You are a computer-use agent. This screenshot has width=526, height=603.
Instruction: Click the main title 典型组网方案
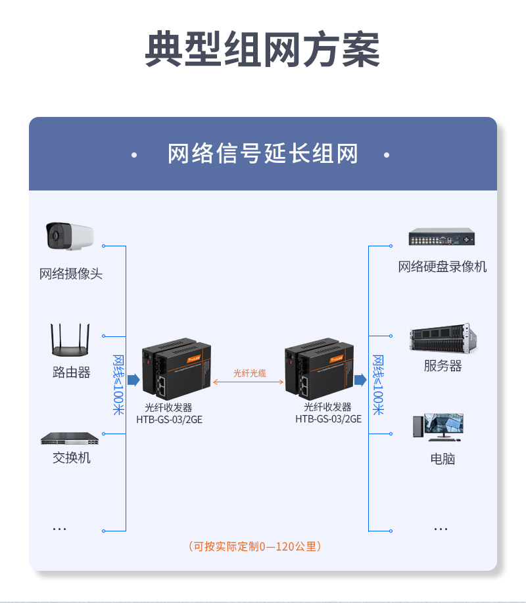click(262, 49)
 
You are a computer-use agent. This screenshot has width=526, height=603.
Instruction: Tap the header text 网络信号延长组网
click(263, 154)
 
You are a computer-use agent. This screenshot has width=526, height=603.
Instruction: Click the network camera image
click(70, 236)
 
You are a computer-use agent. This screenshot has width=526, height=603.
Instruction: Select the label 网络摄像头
click(71, 274)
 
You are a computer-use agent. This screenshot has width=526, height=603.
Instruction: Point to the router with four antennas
click(70, 339)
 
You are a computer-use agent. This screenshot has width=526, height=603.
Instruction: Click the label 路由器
click(71, 372)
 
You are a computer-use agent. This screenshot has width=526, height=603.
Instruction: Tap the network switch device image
click(70, 438)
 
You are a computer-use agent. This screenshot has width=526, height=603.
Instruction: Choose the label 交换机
click(71, 458)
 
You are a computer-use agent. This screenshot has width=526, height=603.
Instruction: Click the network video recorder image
click(442, 236)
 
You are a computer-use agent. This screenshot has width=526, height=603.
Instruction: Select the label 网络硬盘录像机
click(442, 267)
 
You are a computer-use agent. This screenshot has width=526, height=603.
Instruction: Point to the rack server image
click(442, 338)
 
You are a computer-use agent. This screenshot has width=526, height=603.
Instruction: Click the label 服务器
click(442, 366)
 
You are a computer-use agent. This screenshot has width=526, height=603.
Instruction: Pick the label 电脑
click(442, 458)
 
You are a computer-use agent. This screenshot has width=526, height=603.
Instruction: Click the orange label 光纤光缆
click(250, 373)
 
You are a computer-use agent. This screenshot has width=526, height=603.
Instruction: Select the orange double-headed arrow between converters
click(249, 382)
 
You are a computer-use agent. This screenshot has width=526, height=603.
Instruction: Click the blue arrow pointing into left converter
click(133, 380)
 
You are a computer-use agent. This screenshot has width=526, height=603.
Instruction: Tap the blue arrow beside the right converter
click(360, 380)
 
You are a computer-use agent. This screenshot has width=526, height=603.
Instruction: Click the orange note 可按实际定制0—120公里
click(254, 547)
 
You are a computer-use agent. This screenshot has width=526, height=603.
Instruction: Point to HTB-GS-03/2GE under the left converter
click(170, 419)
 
